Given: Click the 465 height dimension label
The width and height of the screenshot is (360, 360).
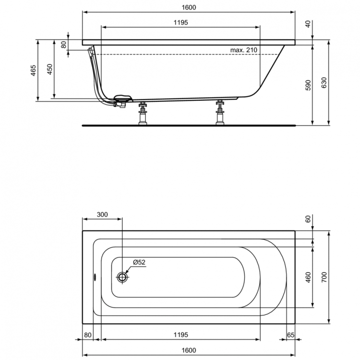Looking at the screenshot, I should click(x=33, y=71).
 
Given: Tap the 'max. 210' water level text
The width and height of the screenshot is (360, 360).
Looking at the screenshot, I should click(x=244, y=50).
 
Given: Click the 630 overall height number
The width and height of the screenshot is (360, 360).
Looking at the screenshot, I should click(x=324, y=83).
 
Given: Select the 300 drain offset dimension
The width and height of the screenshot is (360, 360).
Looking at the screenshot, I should click(x=102, y=215).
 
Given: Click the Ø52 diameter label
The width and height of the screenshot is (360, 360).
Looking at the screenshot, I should click(x=140, y=262).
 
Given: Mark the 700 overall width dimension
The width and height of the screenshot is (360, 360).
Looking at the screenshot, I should click(x=324, y=277).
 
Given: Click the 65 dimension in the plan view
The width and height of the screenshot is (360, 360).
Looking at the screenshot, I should click(x=290, y=334).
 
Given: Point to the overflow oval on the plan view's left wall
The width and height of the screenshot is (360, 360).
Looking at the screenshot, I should click(x=95, y=277).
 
